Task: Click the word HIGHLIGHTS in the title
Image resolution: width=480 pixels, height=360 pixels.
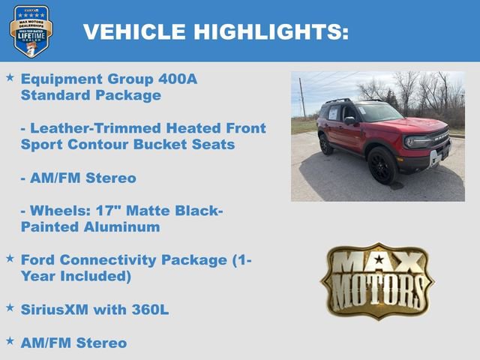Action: (x=271, y=31)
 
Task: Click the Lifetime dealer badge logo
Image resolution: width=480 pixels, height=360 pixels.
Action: (x=31, y=31)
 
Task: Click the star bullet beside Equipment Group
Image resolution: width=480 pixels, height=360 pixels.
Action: (x=10, y=77)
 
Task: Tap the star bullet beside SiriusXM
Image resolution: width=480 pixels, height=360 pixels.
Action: (x=10, y=307)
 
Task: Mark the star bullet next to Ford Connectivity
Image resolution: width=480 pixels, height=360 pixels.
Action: (x=10, y=258)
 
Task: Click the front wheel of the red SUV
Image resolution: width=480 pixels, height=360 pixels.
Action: (x=382, y=165)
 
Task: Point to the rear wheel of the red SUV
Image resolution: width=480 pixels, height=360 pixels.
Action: (x=326, y=144)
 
